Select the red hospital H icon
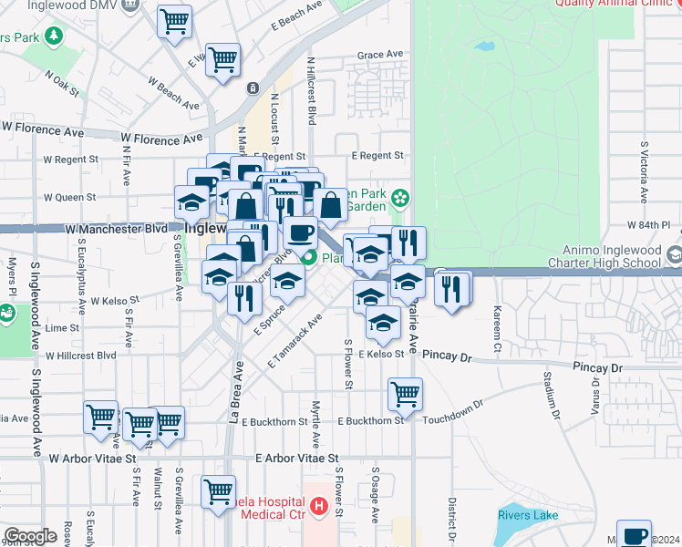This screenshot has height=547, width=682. pos(319,505)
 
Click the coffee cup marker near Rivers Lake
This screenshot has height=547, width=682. pos(634,535)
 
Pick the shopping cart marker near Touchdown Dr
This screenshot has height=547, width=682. pos(405,395)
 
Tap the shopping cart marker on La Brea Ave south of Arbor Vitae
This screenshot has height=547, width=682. pos(219,492)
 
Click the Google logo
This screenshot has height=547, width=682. pos(30,536)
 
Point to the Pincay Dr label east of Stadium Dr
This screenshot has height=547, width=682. pos(597,367)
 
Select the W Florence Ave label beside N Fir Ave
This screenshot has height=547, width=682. pos(161,139)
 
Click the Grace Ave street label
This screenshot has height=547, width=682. pos(380,56)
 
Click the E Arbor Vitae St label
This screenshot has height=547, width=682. pos(297,459)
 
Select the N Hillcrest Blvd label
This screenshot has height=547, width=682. pos(311,91)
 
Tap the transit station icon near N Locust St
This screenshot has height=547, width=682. pos(252,88)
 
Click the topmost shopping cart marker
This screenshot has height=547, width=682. pos(174,20)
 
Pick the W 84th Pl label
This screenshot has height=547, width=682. pos(648,224)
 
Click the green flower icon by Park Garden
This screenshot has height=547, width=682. pos(399,198)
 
